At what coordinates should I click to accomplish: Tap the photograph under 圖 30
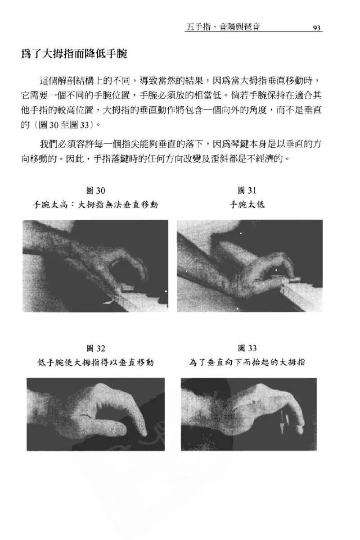point(95,266)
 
